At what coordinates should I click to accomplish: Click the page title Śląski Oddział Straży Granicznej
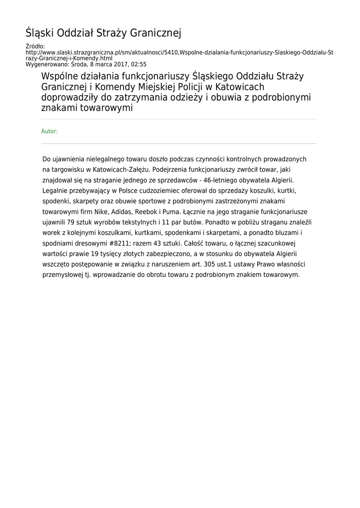tap(103, 33)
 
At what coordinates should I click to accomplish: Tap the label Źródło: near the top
tap(35, 46)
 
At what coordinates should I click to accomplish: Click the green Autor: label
tap(49, 131)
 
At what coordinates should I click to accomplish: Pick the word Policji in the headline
tap(187, 87)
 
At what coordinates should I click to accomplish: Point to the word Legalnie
tap(55, 190)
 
